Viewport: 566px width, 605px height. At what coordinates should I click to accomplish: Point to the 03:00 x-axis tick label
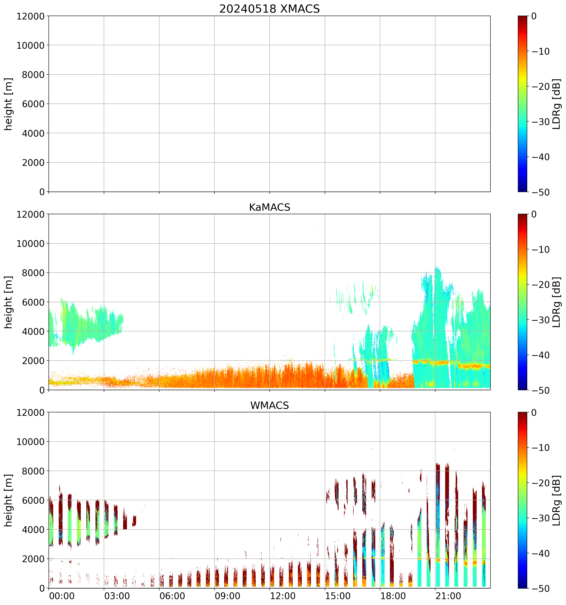[x=117, y=596]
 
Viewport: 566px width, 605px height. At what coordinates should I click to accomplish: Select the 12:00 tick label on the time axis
[x=282, y=596]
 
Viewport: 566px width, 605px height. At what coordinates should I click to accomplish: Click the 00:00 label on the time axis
[x=62, y=596]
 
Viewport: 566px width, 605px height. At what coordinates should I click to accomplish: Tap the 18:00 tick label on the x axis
[x=393, y=596]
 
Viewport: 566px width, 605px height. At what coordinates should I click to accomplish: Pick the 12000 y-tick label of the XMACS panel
[x=30, y=16]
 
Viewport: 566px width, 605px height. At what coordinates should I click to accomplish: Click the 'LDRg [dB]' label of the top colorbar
[x=556, y=104]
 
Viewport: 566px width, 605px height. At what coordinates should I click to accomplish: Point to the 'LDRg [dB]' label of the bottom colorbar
[x=556, y=500]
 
